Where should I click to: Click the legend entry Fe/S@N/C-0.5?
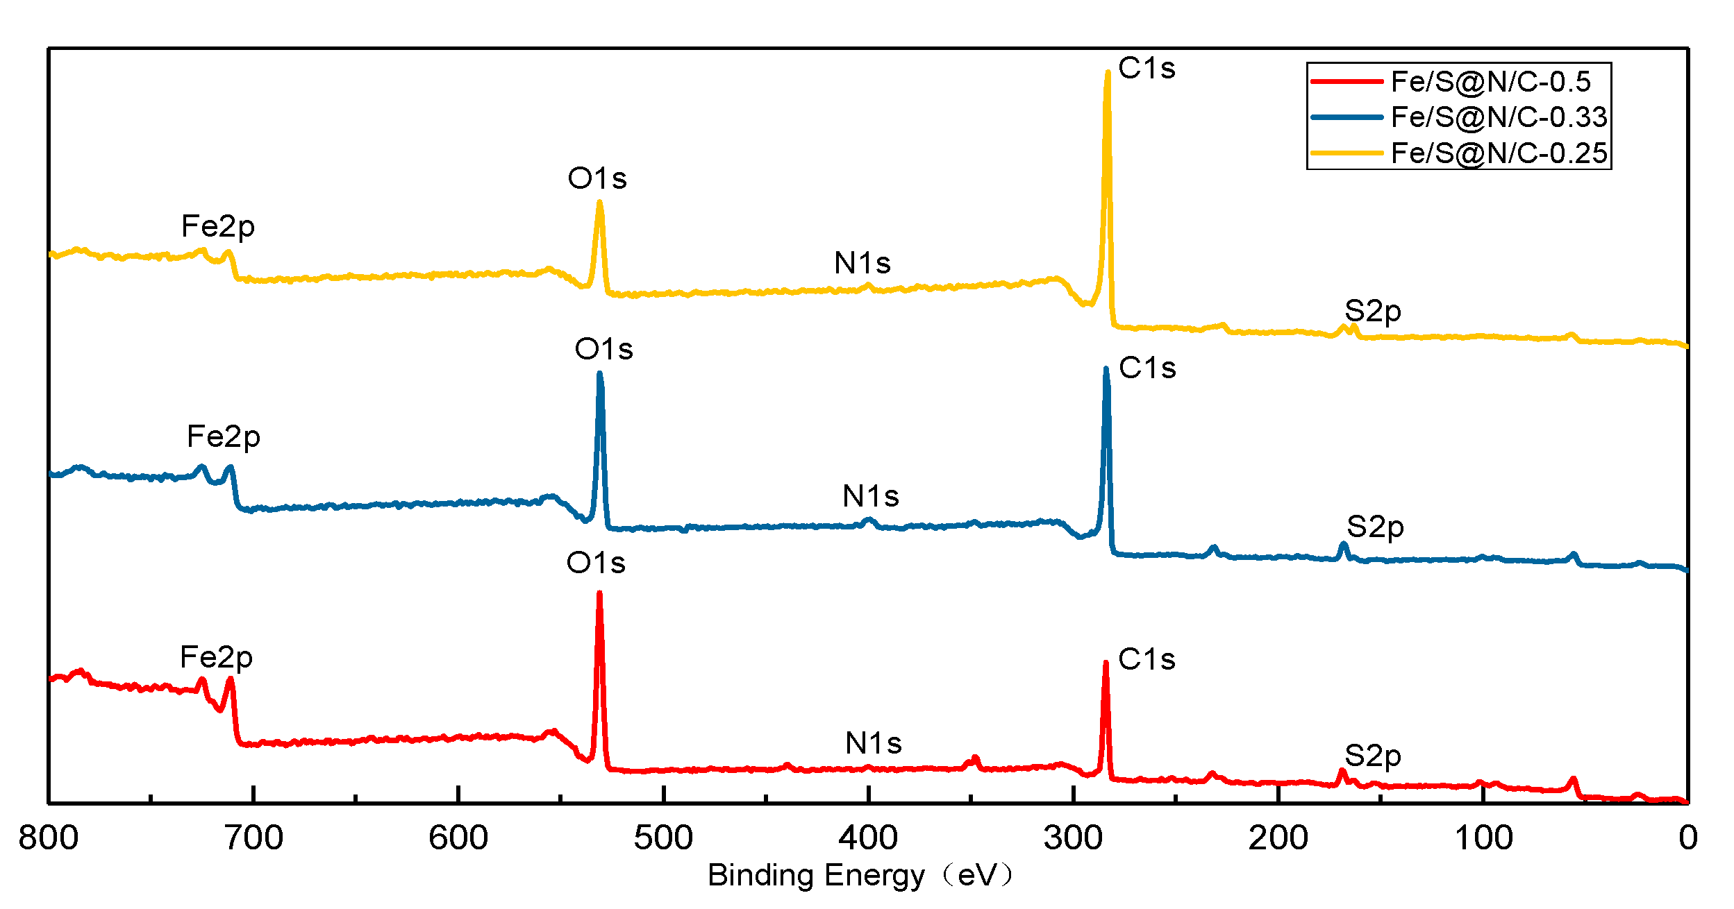[x=1490, y=82]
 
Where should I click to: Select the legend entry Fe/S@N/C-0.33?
[x=1499, y=117]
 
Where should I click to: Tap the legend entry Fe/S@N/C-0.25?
[x=1499, y=153]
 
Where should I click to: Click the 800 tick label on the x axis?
[x=48, y=838]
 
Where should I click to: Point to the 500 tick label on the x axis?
[x=663, y=838]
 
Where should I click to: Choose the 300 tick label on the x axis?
[x=1073, y=838]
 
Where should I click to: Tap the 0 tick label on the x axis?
[x=1688, y=838]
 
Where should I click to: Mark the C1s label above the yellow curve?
[x=1147, y=68]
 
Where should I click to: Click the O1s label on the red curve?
[x=596, y=563]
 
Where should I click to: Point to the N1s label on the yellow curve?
[x=862, y=264]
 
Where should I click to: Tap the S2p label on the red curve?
[x=1372, y=756]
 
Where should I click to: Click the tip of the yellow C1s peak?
[x=1108, y=71]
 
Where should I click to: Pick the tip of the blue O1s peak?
[x=599, y=373]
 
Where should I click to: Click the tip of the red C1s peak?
[x=1106, y=663]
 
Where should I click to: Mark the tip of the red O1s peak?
[x=599, y=593]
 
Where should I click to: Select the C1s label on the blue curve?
[x=1147, y=368]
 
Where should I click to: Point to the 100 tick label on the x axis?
[x=1483, y=838]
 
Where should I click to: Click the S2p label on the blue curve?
[x=1375, y=527]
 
